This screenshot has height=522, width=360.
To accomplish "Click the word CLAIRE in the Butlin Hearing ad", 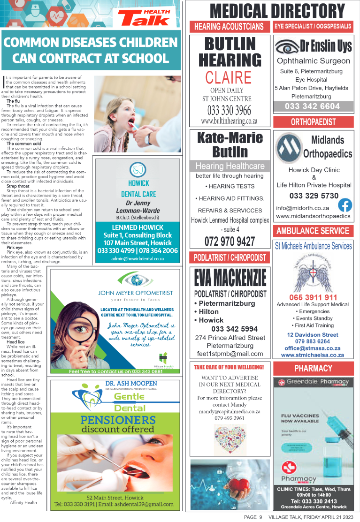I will click(228, 77).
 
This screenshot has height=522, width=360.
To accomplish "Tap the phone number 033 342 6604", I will click(312, 106).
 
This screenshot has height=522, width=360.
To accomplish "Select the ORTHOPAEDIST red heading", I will click(313, 122).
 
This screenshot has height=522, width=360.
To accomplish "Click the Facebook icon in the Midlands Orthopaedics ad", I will click(345, 205).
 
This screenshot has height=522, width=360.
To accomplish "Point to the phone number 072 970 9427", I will click(230, 242).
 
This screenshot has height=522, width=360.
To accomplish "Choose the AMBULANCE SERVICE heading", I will click(313, 231).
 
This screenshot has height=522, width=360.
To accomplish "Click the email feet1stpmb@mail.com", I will click(230, 354).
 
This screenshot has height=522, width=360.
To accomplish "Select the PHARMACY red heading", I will click(313, 368).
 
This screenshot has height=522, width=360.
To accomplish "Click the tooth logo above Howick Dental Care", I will click(138, 169).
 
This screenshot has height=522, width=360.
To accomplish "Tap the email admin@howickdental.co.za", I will click(138, 259).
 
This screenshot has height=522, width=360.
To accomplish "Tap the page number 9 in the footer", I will click(260, 517).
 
